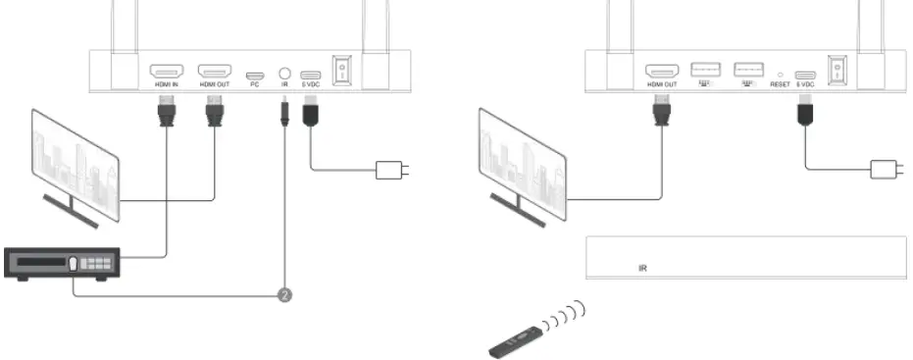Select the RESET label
(780, 85)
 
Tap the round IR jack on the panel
(284, 73)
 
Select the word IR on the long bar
(642, 266)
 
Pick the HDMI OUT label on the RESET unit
(661, 85)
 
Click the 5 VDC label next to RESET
(806, 85)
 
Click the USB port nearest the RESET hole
(748, 71)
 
